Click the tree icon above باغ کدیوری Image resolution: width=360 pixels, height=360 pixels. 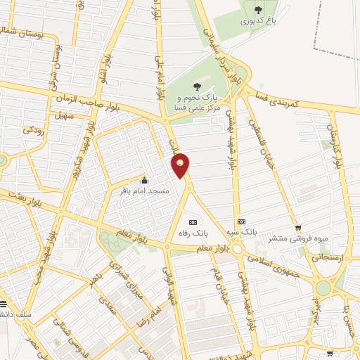pyautogui.click(x=258, y=8)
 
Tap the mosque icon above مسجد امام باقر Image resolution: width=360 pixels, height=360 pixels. pyautogui.click(x=144, y=180)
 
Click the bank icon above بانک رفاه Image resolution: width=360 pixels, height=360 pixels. pyautogui.click(x=193, y=221)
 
